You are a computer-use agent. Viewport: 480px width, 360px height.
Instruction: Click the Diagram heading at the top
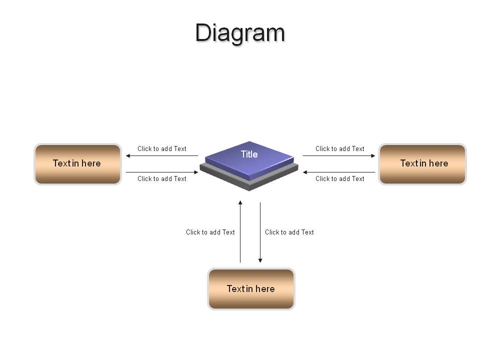pyautogui.click(x=240, y=33)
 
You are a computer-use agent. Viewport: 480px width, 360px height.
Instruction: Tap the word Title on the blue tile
pyautogui.click(x=249, y=154)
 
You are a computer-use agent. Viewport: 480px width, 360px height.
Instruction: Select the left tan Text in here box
pyautogui.click(x=78, y=164)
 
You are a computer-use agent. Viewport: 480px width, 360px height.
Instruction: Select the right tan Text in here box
pyautogui.click(x=422, y=164)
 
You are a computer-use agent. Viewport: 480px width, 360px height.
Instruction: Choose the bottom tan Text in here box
pyautogui.click(x=251, y=289)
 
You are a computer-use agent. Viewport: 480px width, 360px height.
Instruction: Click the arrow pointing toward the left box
pyautogui.click(x=162, y=156)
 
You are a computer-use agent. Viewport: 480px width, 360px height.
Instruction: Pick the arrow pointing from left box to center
pyautogui.click(x=162, y=172)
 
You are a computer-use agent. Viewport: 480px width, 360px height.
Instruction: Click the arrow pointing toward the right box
pyautogui.click(x=339, y=156)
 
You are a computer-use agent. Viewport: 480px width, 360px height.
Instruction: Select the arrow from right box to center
pyautogui.click(x=339, y=172)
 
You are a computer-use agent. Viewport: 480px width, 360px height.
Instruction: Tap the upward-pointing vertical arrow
pyautogui.click(x=240, y=231)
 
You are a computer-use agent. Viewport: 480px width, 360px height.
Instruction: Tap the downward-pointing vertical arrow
pyautogui.click(x=260, y=232)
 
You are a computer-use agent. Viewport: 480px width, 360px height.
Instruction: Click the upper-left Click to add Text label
pyautogui.click(x=162, y=149)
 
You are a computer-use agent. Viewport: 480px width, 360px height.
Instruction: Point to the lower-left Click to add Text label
pyautogui.click(x=162, y=179)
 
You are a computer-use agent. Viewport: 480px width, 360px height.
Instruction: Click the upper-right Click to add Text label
pyautogui.click(x=340, y=149)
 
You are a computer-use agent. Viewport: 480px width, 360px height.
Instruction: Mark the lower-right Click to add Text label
pyautogui.click(x=340, y=179)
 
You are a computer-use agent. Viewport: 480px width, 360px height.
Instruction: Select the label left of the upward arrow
pyautogui.click(x=210, y=232)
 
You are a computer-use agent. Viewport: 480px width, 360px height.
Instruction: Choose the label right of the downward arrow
pyautogui.click(x=289, y=232)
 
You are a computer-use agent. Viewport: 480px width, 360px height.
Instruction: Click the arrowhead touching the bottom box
pyautogui.click(x=260, y=261)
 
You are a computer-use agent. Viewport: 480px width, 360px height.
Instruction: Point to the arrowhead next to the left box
pyautogui.click(x=128, y=156)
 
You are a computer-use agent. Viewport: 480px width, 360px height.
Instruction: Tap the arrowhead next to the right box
pyautogui.click(x=373, y=156)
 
